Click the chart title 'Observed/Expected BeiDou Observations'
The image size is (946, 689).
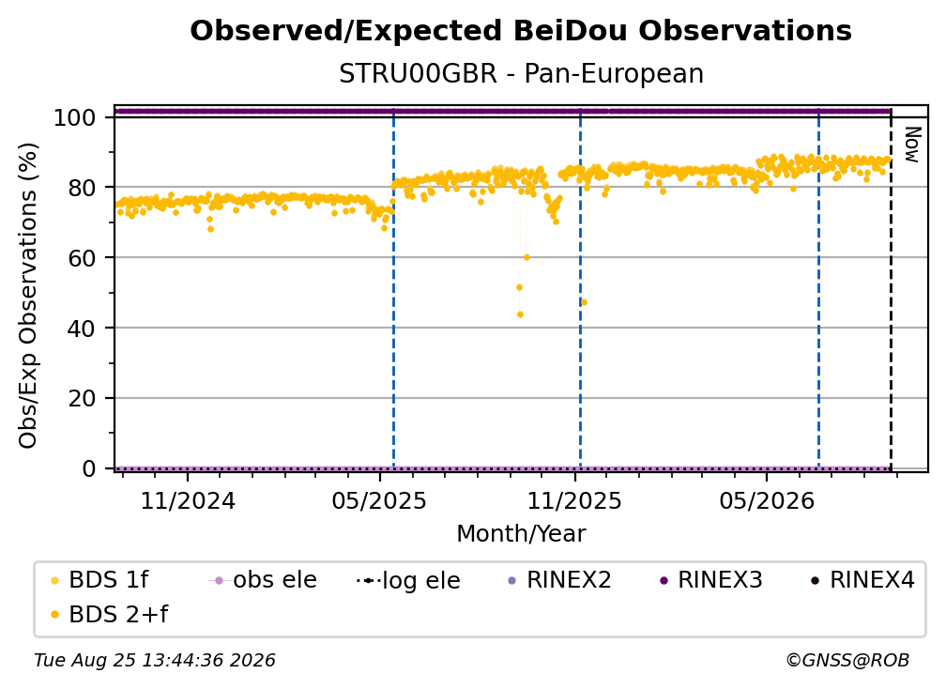click(521, 31)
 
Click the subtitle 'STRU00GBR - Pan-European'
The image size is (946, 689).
click(521, 74)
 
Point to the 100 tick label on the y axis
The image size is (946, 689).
click(75, 117)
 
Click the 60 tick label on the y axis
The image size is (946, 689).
click(82, 258)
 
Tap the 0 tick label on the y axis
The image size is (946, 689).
click(89, 468)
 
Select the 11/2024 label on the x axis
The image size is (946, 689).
click(188, 500)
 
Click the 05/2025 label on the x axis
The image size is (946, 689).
click(379, 500)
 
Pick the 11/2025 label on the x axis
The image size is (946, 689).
click(574, 500)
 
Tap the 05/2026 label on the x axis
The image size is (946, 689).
click(767, 500)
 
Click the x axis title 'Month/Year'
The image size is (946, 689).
click(521, 534)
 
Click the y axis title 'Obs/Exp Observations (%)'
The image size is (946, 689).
click(28, 296)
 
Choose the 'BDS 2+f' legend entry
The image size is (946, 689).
click(109, 615)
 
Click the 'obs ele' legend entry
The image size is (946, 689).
click(262, 580)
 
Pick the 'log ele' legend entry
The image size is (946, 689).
click(408, 581)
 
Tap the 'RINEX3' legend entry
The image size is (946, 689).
click(711, 580)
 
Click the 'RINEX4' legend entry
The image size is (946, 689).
click(862, 580)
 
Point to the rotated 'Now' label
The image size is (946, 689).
click(912, 145)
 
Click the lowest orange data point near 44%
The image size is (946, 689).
click(520, 315)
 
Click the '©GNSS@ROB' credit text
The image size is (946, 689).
click(847, 661)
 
